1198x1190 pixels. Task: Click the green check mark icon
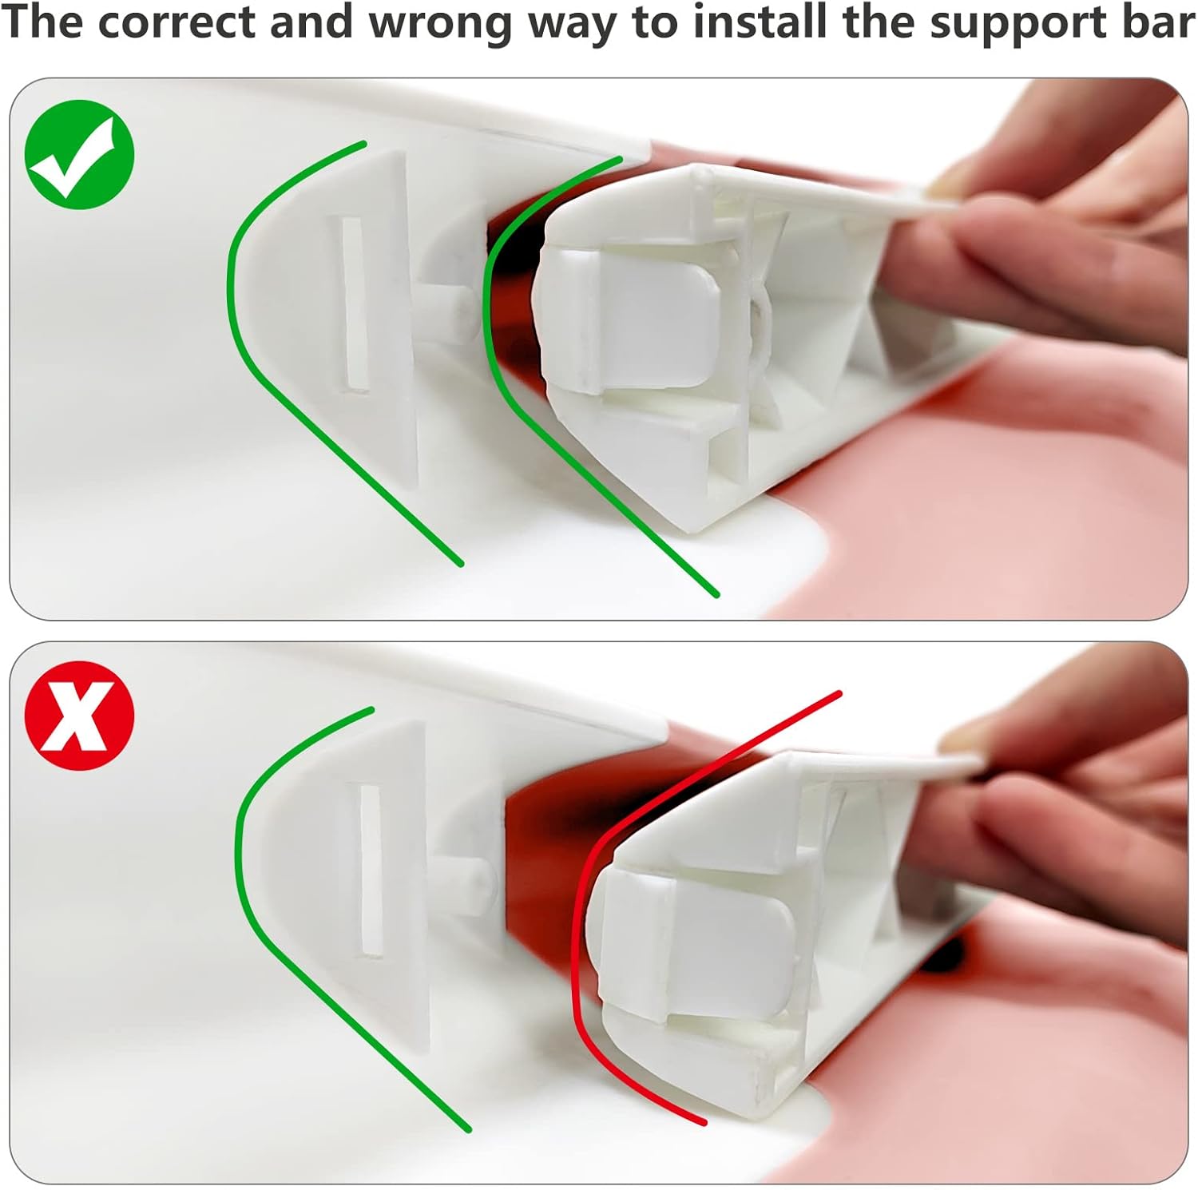[x=80, y=155]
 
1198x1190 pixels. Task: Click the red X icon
[x=80, y=716]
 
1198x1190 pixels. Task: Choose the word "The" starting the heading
[x=45, y=22]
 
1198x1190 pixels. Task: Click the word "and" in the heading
[x=312, y=22]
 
